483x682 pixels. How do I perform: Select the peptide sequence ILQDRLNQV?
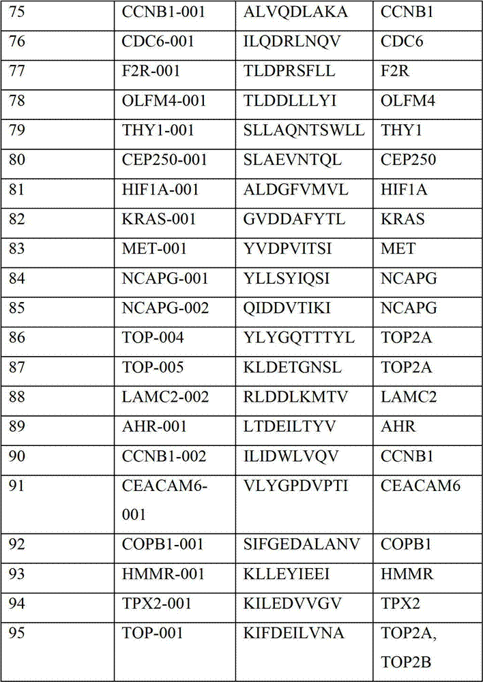(x=295, y=42)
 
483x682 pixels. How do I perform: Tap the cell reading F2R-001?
(x=151, y=71)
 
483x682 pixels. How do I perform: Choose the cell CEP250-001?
(x=162, y=160)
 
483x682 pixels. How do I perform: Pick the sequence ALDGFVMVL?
(x=295, y=190)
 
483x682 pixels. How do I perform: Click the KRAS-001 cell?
(x=158, y=219)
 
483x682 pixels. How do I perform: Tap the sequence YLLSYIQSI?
(x=290, y=278)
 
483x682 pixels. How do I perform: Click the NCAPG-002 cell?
(x=164, y=308)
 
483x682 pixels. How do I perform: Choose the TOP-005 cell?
(x=152, y=368)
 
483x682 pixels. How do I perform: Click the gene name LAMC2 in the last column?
(x=408, y=397)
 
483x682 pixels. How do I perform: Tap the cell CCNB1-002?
(x=164, y=456)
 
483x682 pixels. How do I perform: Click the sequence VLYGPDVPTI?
(x=295, y=486)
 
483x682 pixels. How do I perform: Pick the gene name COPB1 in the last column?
(x=407, y=544)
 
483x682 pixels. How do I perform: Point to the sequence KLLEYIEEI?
(x=287, y=574)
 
